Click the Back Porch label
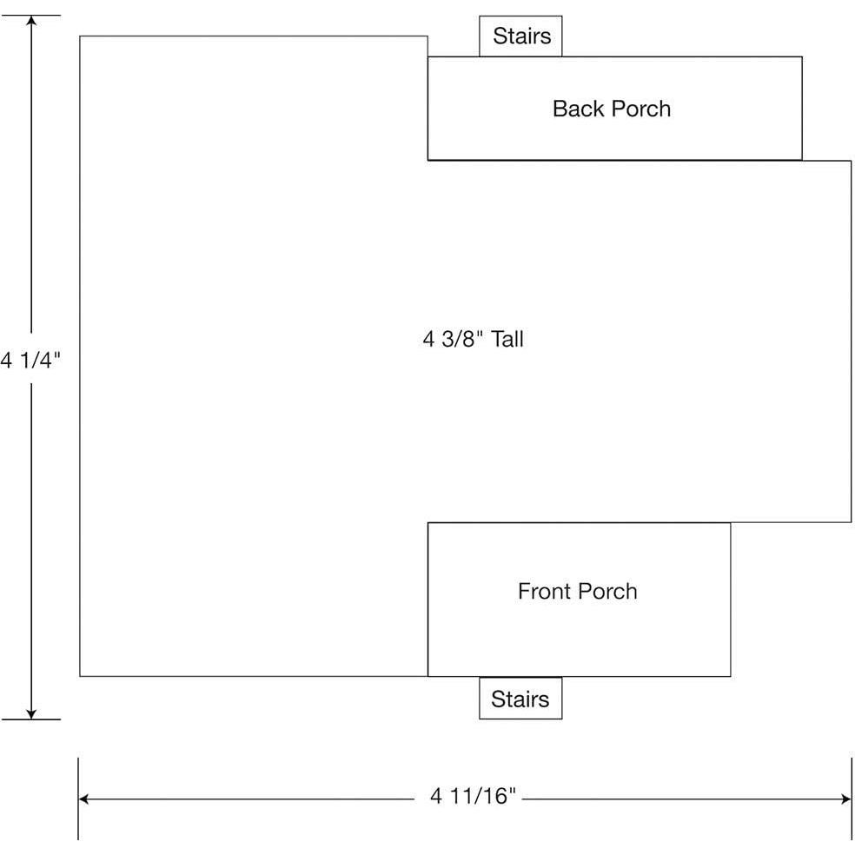(x=611, y=109)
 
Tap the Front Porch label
(x=578, y=591)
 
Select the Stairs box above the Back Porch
(x=520, y=36)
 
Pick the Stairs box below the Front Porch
(x=520, y=698)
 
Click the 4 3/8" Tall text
(x=473, y=339)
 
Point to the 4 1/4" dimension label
(x=30, y=360)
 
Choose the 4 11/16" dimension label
(x=472, y=796)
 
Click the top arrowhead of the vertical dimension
(x=31, y=21)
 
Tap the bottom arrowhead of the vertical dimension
(x=31, y=713)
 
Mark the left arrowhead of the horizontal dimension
(x=84, y=799)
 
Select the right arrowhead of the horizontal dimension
(x=845, y=799)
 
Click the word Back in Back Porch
(x=578, y=109)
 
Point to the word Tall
(x=507, y=339)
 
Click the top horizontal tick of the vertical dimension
(x=31, y=16)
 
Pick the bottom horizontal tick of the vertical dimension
(x=31, y=719)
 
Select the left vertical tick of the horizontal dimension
(x=78, y=799)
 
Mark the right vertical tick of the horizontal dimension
(x=852, y=799)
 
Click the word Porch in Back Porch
(x=640, y=109)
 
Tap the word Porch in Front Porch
(x=607, y=591)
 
